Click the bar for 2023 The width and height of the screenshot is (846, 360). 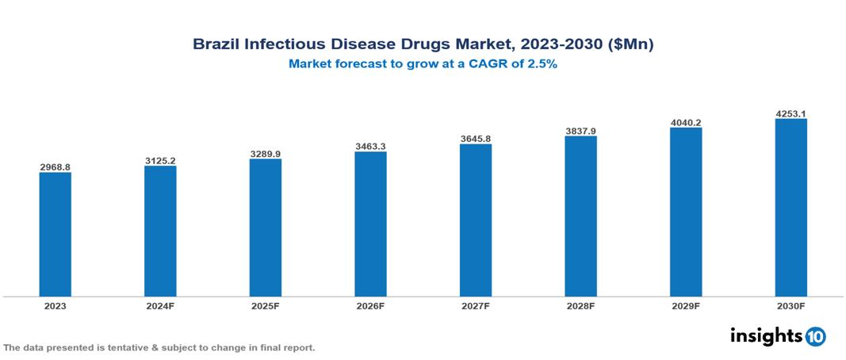point(55,234)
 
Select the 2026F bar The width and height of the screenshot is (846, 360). point(370,224)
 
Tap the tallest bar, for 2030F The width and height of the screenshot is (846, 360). point(790,208)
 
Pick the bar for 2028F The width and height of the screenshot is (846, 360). point(580,216)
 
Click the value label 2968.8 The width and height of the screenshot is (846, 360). point(55,167)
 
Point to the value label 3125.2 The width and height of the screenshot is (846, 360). point(160,161)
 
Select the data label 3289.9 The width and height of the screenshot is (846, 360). point(265,154)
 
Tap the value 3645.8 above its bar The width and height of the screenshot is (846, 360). point(475,139)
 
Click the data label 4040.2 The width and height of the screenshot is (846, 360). point(686,122)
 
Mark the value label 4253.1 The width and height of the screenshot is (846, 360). point(790,113)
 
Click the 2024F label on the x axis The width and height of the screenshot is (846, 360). point(160,305)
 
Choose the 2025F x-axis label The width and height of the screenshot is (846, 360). point(265,305)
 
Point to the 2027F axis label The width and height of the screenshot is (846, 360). point(475,305)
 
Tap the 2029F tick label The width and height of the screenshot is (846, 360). point(686,305)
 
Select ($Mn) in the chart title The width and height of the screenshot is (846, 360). point(630,44)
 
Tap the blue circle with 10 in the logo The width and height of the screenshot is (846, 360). point(815,337)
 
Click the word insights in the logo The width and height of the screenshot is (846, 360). point(766,335)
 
